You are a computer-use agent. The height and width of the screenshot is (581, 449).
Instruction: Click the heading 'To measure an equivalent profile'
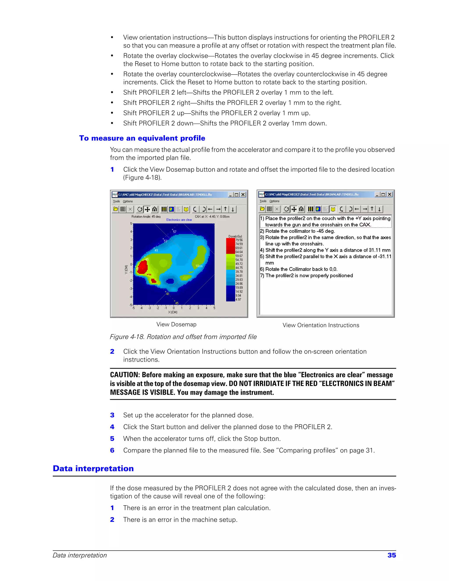142,138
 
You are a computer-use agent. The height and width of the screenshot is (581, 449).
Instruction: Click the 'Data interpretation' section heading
93,469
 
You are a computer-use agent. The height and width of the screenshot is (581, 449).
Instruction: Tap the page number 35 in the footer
392,555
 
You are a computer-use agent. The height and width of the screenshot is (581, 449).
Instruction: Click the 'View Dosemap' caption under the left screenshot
176,324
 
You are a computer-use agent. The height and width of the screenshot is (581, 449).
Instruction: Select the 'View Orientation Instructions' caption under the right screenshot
321,325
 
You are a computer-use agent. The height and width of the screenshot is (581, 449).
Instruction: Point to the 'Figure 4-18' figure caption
183,337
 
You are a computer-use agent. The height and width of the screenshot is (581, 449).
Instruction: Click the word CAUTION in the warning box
125,375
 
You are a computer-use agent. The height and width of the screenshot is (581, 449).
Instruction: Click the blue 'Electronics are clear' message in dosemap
179,220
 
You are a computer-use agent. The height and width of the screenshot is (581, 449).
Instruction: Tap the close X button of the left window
243,194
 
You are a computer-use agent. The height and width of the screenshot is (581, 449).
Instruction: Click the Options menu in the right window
274,201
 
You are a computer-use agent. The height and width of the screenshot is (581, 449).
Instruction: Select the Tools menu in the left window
116,201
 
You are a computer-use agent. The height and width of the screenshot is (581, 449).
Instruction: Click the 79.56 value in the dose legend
239,240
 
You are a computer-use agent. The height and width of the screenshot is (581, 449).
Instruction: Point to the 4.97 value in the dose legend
238,299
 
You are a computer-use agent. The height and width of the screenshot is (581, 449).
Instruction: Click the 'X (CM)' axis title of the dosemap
173,312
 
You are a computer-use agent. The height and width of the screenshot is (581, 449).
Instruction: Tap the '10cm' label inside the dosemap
199,266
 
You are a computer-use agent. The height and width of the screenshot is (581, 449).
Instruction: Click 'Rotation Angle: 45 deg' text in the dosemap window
146,217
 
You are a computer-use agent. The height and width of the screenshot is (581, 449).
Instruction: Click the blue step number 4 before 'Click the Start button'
112,427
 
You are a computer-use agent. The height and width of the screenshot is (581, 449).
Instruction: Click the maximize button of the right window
383,194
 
